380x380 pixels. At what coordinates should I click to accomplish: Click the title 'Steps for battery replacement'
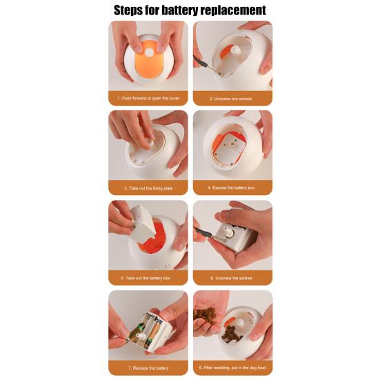pos(190,10)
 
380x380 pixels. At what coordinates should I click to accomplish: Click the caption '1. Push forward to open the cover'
pos(148,99)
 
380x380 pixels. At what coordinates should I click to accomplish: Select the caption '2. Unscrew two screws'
pos(232,99)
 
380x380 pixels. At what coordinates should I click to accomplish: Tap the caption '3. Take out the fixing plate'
pos(148,188)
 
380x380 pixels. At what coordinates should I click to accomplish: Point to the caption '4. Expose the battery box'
pos(232,188)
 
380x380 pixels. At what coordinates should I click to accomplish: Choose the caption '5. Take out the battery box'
pos(148,278)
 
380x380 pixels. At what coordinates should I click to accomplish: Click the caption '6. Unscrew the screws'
pos(232,278)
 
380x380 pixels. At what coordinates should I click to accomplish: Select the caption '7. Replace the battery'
pos(148,368)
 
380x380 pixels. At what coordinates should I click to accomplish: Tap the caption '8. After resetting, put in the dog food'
pos(232,368)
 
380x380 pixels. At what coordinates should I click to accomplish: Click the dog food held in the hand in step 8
pos(205,315)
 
